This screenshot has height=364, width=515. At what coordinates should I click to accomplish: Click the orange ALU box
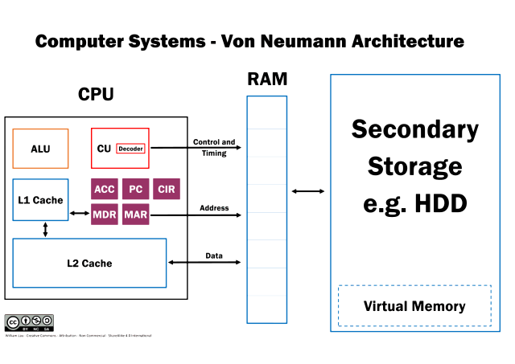(x=40, y=149)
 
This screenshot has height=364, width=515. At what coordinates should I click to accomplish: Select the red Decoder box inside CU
(x=130, y=149)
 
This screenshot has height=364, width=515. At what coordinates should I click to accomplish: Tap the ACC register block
(x=105, y=190)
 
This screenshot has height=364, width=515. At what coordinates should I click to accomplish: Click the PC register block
(x=136, y=190)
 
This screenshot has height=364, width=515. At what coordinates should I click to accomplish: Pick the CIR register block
(x=167, y=190)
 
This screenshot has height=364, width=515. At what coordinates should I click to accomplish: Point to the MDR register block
(x=105, y=215)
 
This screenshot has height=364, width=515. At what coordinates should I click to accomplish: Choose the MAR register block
(x=136, y=215)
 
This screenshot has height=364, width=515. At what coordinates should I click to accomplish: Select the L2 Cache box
(x=89, y=263)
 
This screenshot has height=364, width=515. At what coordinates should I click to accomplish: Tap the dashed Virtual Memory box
(x=414, y=306)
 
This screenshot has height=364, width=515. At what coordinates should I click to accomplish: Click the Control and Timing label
(x=214, y=147)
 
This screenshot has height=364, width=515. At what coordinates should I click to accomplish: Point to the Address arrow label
(x=214, y=208)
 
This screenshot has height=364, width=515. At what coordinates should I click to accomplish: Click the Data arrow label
(x=214, y=256)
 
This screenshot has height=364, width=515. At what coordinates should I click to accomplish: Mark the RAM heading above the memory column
(x=267, y=80)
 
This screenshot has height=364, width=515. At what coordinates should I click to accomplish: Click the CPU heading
(x=96, y=95)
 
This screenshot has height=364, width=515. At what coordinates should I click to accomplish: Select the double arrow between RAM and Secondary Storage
(x=308, y=191)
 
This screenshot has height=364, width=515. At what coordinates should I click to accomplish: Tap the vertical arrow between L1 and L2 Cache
(x=45, y=230)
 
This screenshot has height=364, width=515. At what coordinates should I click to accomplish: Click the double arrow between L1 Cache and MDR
(x=79, y=214)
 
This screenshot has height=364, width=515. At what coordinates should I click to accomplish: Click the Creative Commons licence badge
(x=29, y=323)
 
